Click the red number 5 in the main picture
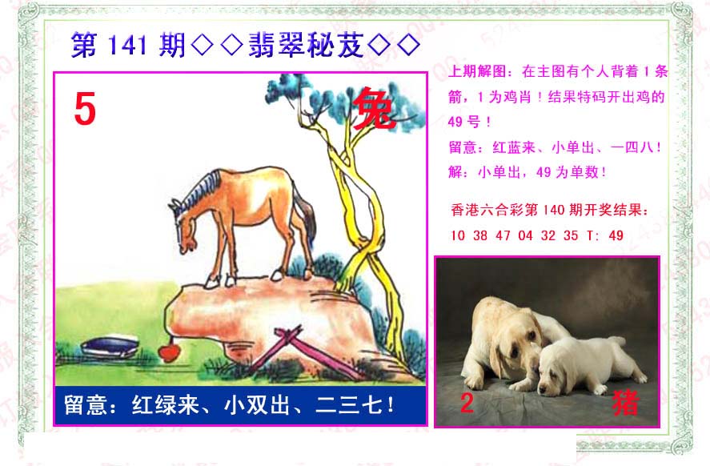[x=85, y=108]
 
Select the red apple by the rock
[x=170, y=353]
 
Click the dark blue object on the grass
[x=110, y=347]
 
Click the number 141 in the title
[x=128, y=46]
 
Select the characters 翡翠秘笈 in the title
[x=306, y=45]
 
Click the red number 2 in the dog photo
[x=467, y=403]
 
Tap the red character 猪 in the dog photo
[x=626, y=403]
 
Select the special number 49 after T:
[x=616, y=235]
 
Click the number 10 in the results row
[x=458, y=235]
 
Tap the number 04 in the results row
[x=525, y=235]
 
